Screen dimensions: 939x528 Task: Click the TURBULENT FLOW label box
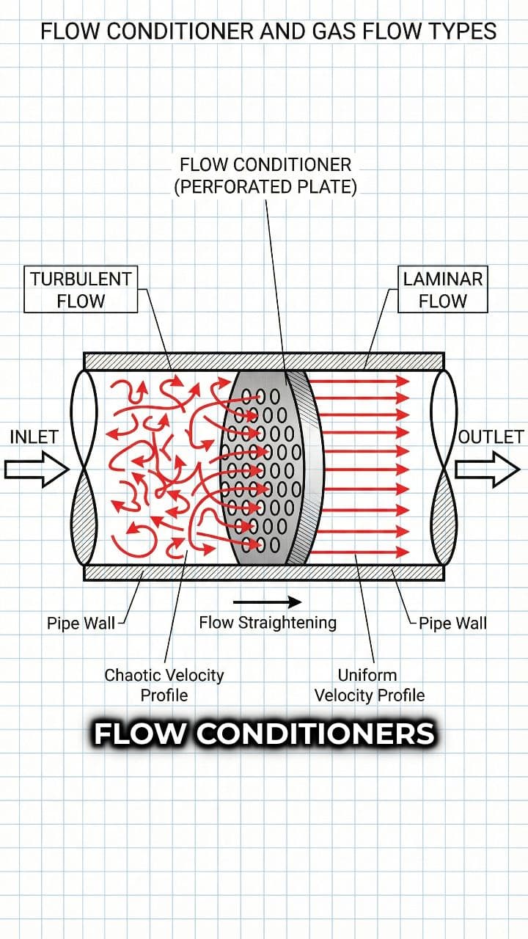click(x=81, y=290)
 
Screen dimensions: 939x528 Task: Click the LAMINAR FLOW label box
click(x=443, y=290)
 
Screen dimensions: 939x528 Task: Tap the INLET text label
click(x=34, y=436)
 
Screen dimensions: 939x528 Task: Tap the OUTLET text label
click(x=491, y=436)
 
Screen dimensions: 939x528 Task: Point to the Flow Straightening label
click(x=268, y=623)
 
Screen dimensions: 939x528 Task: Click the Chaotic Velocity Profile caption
click(x=164, y=684)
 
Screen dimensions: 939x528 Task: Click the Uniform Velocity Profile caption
click(x=370, y=684)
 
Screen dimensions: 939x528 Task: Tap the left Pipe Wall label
click(x=81, y=624)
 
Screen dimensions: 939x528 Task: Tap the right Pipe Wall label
click(x=452, y=624)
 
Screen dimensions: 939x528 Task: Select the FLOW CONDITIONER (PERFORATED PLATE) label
click(x=265, y=175)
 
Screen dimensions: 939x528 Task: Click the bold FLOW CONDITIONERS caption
click(x=264, y=734)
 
